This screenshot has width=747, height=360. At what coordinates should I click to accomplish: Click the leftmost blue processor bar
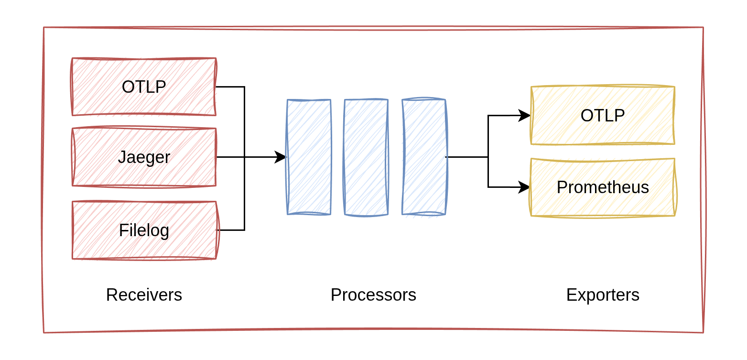tap(309, 157)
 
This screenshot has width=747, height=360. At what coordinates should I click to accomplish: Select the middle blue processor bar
tap(366, 157)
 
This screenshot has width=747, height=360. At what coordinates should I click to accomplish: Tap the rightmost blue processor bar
tap(424, 157)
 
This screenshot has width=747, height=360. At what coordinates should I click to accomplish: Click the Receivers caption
tap(144, 295)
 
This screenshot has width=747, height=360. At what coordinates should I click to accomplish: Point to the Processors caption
tap(373, 295)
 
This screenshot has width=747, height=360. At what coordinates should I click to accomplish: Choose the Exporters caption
tap(603, 295)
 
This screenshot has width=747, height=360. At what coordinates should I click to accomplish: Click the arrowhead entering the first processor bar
tap(281, 157)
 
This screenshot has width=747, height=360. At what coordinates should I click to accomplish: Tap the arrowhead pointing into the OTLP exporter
tap(525, 115)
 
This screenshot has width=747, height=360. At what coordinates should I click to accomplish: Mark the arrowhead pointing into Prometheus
tap(525, 187)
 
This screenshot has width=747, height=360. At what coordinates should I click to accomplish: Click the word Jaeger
tap(144, 157)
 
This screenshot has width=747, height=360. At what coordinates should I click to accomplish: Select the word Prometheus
tap(603, 187)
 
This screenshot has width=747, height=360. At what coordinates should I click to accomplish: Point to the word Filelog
tap(144, 230)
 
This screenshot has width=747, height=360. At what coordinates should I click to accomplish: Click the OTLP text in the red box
tap(144, 87)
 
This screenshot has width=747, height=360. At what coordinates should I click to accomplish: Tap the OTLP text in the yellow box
tap(603, 116)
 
